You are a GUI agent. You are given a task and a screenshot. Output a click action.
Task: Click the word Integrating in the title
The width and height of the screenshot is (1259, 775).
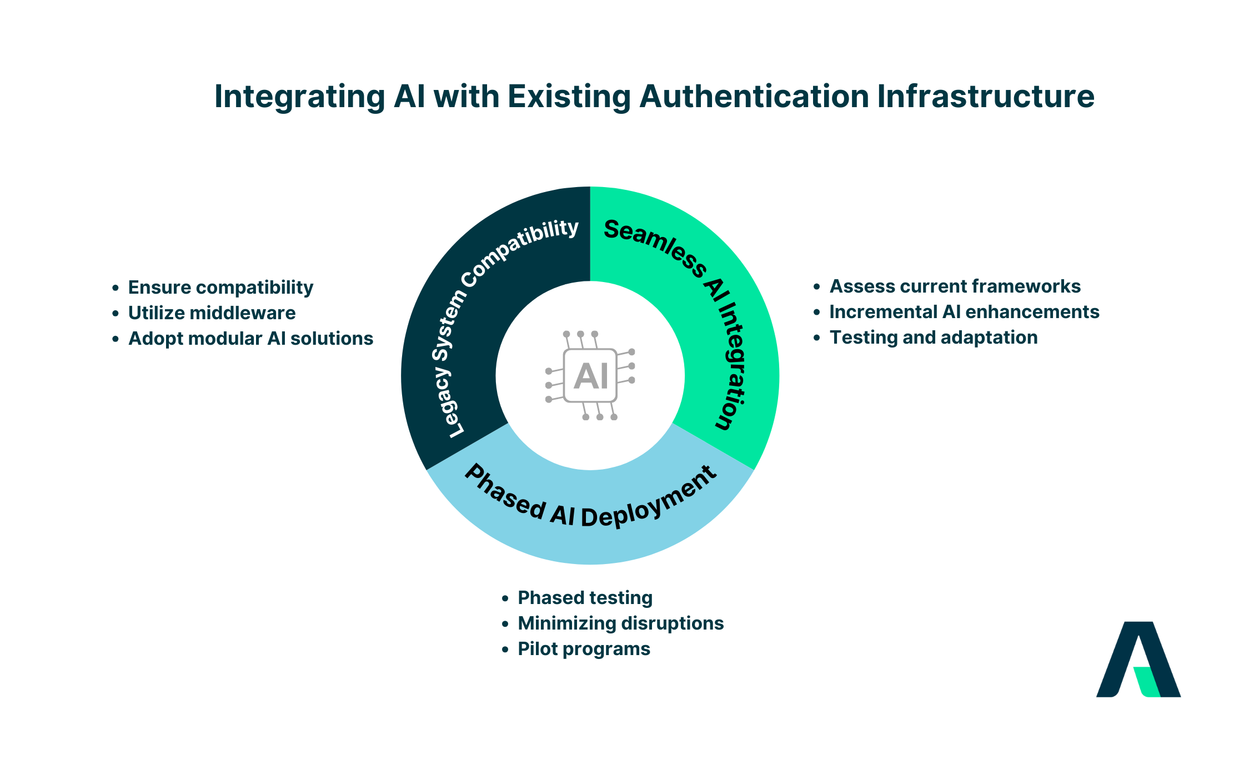pyautogui.click(x=299, y=97)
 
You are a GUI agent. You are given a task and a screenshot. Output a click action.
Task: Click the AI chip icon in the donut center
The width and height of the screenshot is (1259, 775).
pyautogui.click(x=590, y=376)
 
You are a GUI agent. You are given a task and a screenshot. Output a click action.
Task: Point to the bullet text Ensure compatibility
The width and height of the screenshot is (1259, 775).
pyautogui.click(x=220, y=288)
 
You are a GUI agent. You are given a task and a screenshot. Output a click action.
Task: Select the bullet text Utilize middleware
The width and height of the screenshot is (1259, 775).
pyautogui.click(x=212, y=313)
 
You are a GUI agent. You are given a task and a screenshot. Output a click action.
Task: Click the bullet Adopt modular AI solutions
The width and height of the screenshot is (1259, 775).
pyautogui.click(x=250, y=339)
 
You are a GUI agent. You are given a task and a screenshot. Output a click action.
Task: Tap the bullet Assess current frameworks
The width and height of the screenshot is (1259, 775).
pyautogui.click(x=955, y=286)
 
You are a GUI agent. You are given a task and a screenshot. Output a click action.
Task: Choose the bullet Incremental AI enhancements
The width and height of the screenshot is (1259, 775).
pyautogui.click(x=964, y=312)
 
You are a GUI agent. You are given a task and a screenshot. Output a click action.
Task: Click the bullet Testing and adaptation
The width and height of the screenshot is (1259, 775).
pyautogui.click(x=933, y=338)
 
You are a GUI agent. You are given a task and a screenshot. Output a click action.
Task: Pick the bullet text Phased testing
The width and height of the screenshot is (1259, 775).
pyautogui.click(x=585, y=598)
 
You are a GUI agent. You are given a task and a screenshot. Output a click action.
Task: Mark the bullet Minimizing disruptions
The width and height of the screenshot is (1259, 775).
pyautogui.click(x=620, y=623)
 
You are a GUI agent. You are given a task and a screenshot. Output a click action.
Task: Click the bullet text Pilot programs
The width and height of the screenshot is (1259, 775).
pyautogui.click(x=584, y=649)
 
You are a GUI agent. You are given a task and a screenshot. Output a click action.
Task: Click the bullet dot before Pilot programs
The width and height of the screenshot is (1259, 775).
pyautogui.click(x=505, y=650)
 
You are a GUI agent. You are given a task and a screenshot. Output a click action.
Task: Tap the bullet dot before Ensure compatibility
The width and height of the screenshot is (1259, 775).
pyautogui.click(x=116, y=288)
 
